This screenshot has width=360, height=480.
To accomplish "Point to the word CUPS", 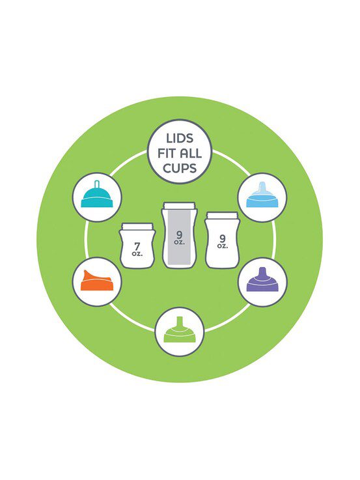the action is (x=180, y=168).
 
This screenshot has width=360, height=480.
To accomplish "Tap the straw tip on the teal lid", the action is (x=96, y=183).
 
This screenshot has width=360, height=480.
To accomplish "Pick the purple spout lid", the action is (x=262, y=279).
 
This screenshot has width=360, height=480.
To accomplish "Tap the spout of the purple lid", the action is (x=262, y=272).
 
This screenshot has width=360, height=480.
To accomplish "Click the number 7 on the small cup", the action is (x=137, y=246).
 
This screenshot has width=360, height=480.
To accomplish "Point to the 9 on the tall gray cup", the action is (x=179, y=235).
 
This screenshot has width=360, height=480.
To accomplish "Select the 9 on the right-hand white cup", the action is (x=223, y=238).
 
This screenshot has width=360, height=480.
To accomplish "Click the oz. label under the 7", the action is (x=137, y=254).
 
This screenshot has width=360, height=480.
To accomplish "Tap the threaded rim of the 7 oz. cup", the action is (x=137, y=227).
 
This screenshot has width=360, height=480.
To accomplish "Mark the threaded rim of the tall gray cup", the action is (x=179, y=205).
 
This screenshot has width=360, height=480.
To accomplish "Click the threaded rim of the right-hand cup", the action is (x=222, y=216).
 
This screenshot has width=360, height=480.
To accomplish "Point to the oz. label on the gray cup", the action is (x=179, y=242).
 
